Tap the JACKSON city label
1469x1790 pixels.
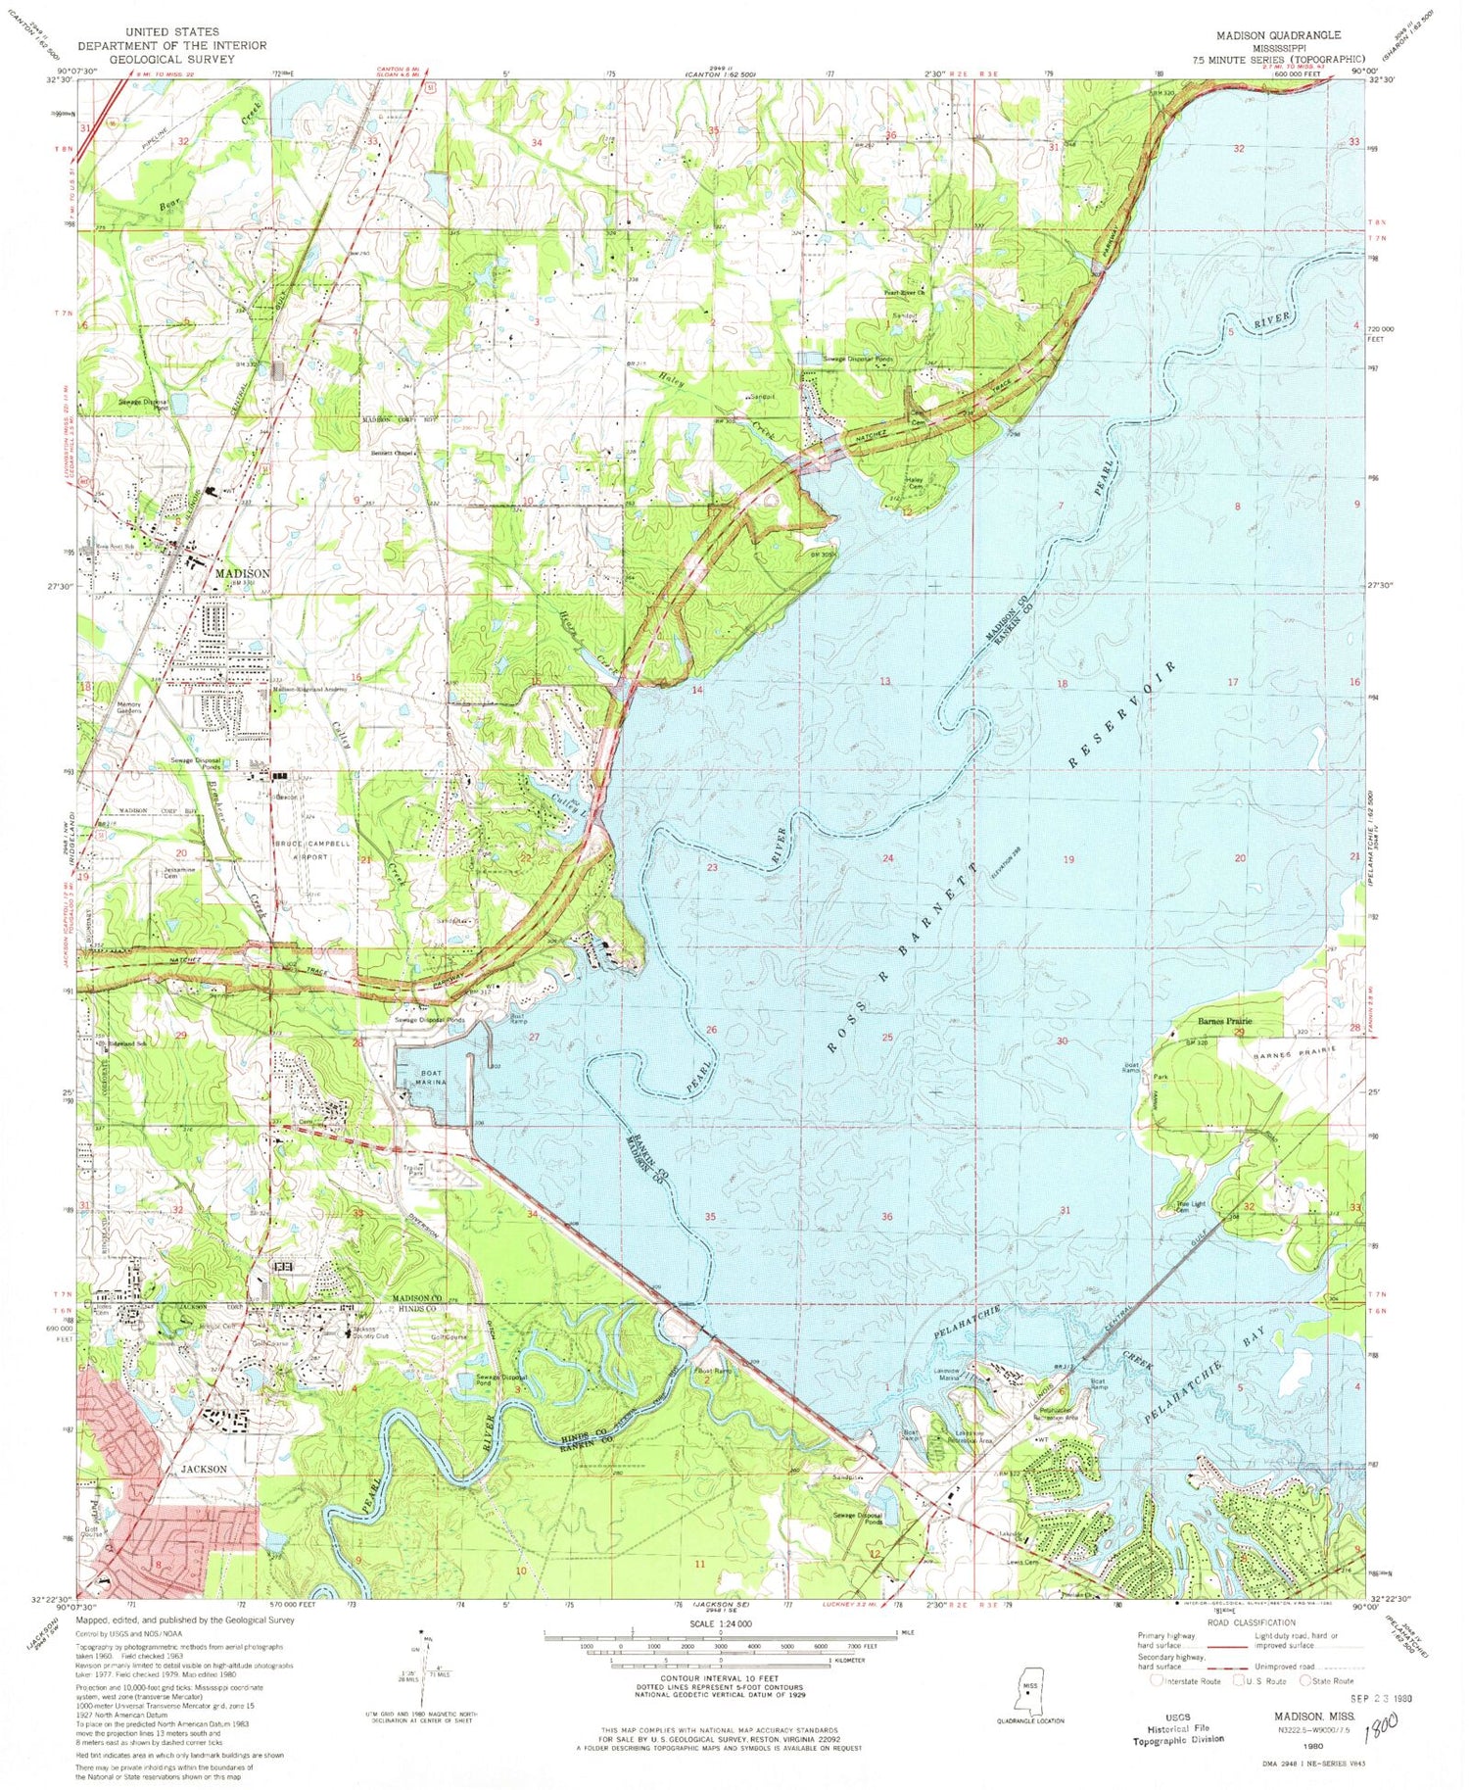[x=204, y=1469]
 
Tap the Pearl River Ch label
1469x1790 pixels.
[x=906, y=292]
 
